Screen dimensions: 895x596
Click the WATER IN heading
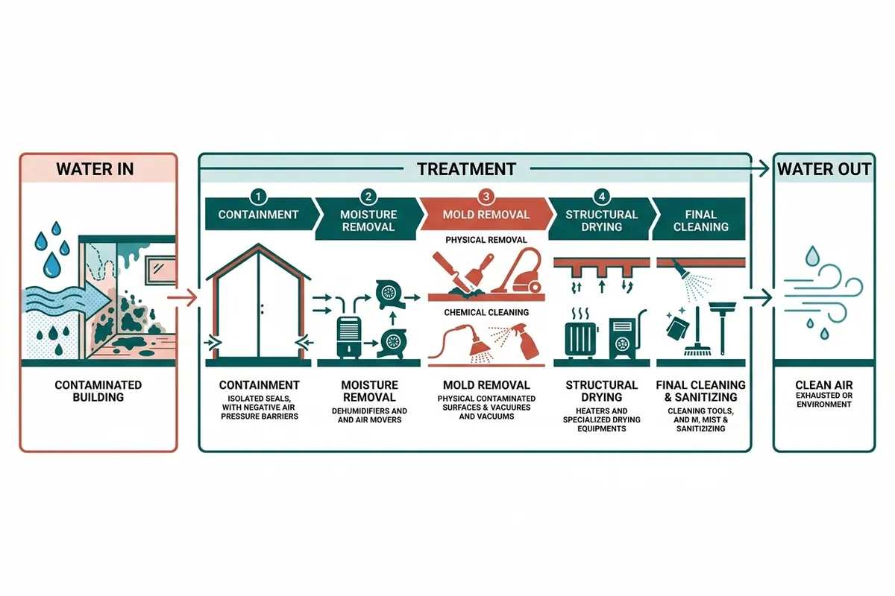[x=95, y=169]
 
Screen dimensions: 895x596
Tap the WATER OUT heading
[x=824, y=169]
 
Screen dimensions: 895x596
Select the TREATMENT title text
[x=467, y=169]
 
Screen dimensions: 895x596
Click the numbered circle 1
[x=258, y=197]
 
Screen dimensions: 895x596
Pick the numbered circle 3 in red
[x=486, y=197]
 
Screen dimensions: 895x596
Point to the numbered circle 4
[x=602, y=197]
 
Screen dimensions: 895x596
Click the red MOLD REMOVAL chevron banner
[x=486, y=215]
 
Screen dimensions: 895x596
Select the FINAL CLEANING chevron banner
[x=700, y=220]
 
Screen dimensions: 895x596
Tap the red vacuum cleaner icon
[x=518, y=270]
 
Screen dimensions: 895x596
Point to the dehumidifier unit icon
[x=349, y=337]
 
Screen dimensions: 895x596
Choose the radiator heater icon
[x=581, y=339]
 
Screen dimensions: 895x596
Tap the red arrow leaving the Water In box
[x=182, y=297]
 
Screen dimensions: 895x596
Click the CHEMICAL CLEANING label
[x=486, y=312]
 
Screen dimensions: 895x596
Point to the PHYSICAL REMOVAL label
[x=486, y=240]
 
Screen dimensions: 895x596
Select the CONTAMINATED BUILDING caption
[x=98, y=391]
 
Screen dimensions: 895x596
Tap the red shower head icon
[x=480, y=344]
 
